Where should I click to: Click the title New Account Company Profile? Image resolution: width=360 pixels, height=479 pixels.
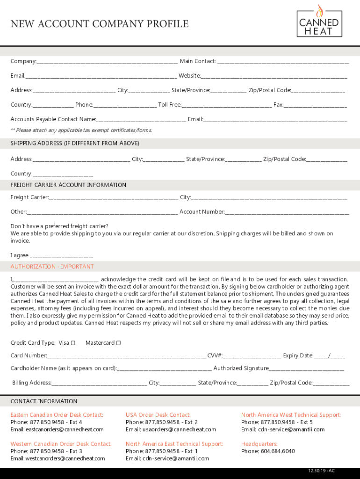tap(100, 24)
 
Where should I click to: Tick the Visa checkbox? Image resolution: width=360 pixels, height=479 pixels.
tap(73, 343)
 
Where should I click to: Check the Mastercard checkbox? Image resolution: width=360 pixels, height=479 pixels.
tap(119, 343)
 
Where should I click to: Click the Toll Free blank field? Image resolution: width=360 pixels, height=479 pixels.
tap(227, 105)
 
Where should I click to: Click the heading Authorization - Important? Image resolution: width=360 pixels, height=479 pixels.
tap(52, 267)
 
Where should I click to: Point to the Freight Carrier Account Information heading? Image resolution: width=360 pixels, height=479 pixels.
tap(68, 185)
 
